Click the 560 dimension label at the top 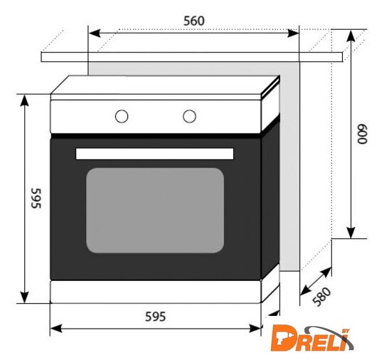(194, 21)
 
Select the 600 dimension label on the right (362, 134)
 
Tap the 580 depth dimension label (322, 297)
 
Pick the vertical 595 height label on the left (36, 198)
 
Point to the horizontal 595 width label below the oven (156, 317)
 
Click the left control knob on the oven (122, 116)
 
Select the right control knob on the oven (189, 116)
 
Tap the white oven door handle (154, 154)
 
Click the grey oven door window (155, 211)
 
